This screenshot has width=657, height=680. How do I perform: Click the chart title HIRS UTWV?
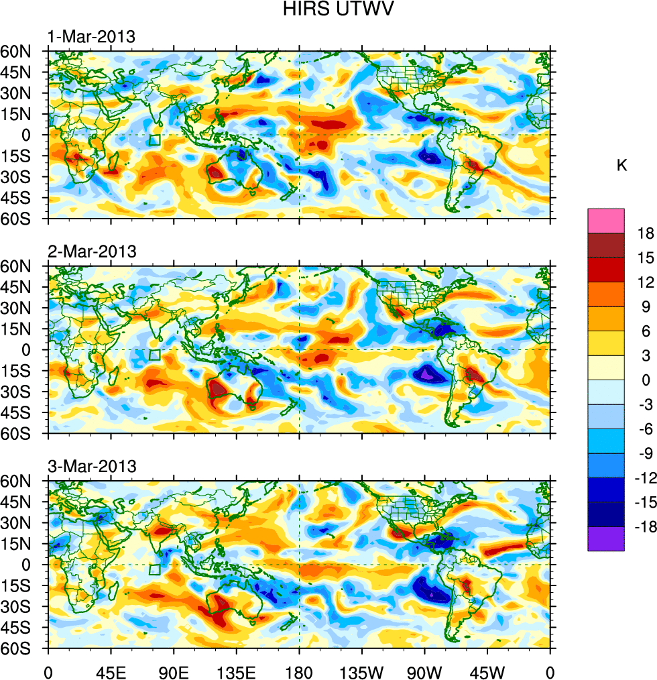pos(328,9)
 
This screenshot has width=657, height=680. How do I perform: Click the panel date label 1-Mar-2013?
pos(92,36)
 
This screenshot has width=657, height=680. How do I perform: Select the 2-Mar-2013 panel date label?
pos(92,251)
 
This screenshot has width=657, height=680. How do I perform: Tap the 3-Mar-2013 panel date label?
pos(92,466)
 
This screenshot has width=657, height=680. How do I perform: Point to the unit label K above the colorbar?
pos(622,165)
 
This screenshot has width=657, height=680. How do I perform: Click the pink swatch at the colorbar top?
pos(606,220)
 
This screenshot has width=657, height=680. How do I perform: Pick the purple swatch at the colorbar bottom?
pos(606,539)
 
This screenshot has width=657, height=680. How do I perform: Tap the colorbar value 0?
pos(646,380)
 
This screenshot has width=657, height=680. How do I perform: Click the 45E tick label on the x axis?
pos(111,671)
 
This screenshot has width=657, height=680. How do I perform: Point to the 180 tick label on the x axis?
pos(299,671)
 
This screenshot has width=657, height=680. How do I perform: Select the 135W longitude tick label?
pos(361,671)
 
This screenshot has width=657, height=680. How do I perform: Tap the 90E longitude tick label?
pos(174,671)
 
